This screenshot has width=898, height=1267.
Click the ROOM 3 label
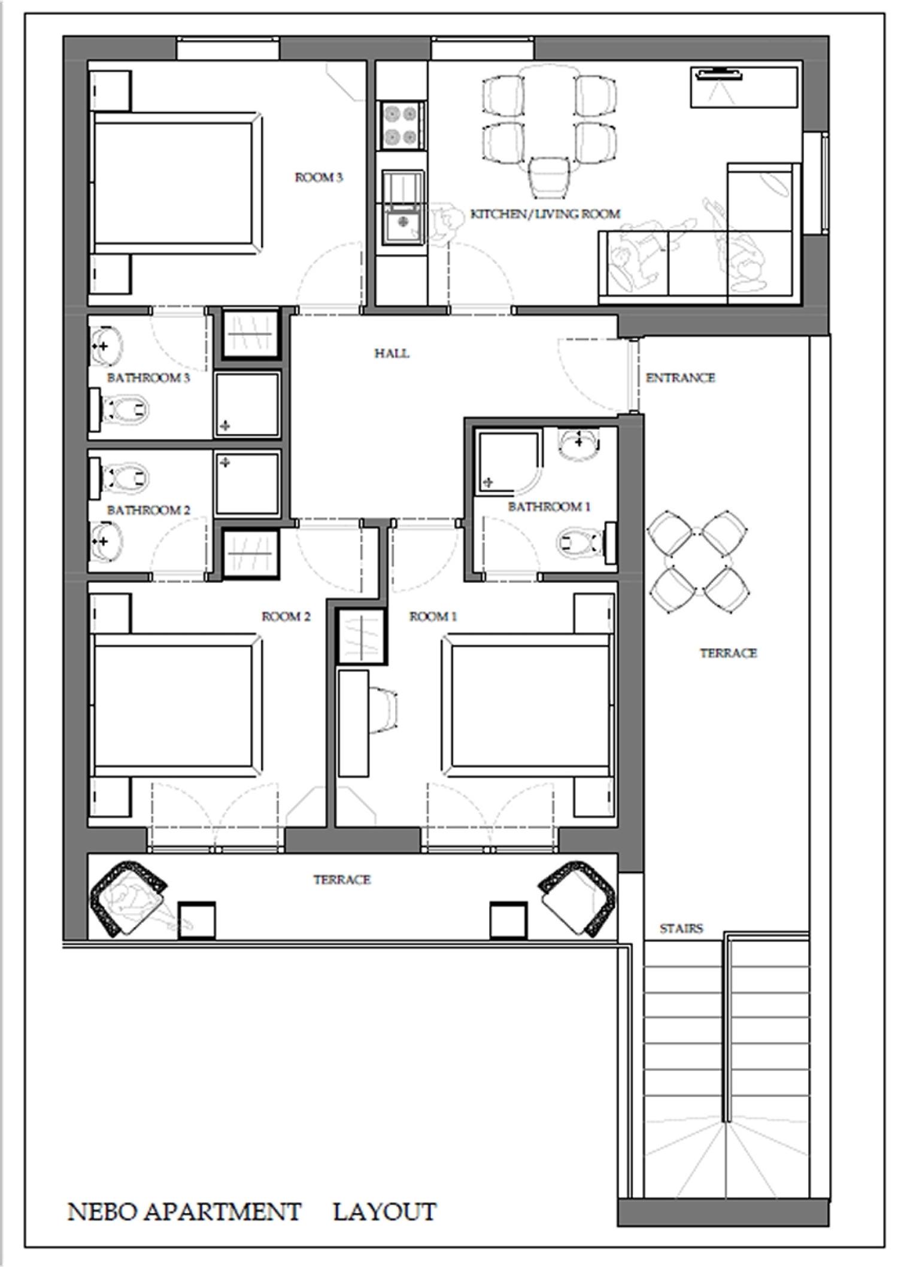tap(318, 178)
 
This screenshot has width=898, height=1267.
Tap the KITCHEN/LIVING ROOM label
tap(545, 214)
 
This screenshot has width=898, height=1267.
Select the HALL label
tap(392, 353)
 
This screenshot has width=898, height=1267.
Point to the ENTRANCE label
tap(680, 378)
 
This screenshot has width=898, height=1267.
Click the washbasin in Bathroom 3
tap(106, 346)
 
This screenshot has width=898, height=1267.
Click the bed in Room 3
tap(176, 183)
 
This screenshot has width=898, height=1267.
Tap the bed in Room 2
tap(176, 706)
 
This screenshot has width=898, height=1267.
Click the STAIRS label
tap(681, 929)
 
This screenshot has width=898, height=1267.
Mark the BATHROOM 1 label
tap(549, 507)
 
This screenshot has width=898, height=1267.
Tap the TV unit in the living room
tap(744, 87)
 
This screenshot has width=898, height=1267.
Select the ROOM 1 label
tap(433, 616)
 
